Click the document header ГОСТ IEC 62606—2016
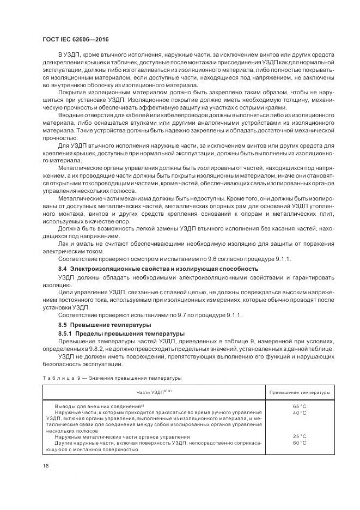[x=74, y=40]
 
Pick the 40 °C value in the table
[x=300, y=413]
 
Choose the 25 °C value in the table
[x=300, y=436]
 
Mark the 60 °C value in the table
[x=300, y=443]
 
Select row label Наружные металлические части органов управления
[x=123, y=436]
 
